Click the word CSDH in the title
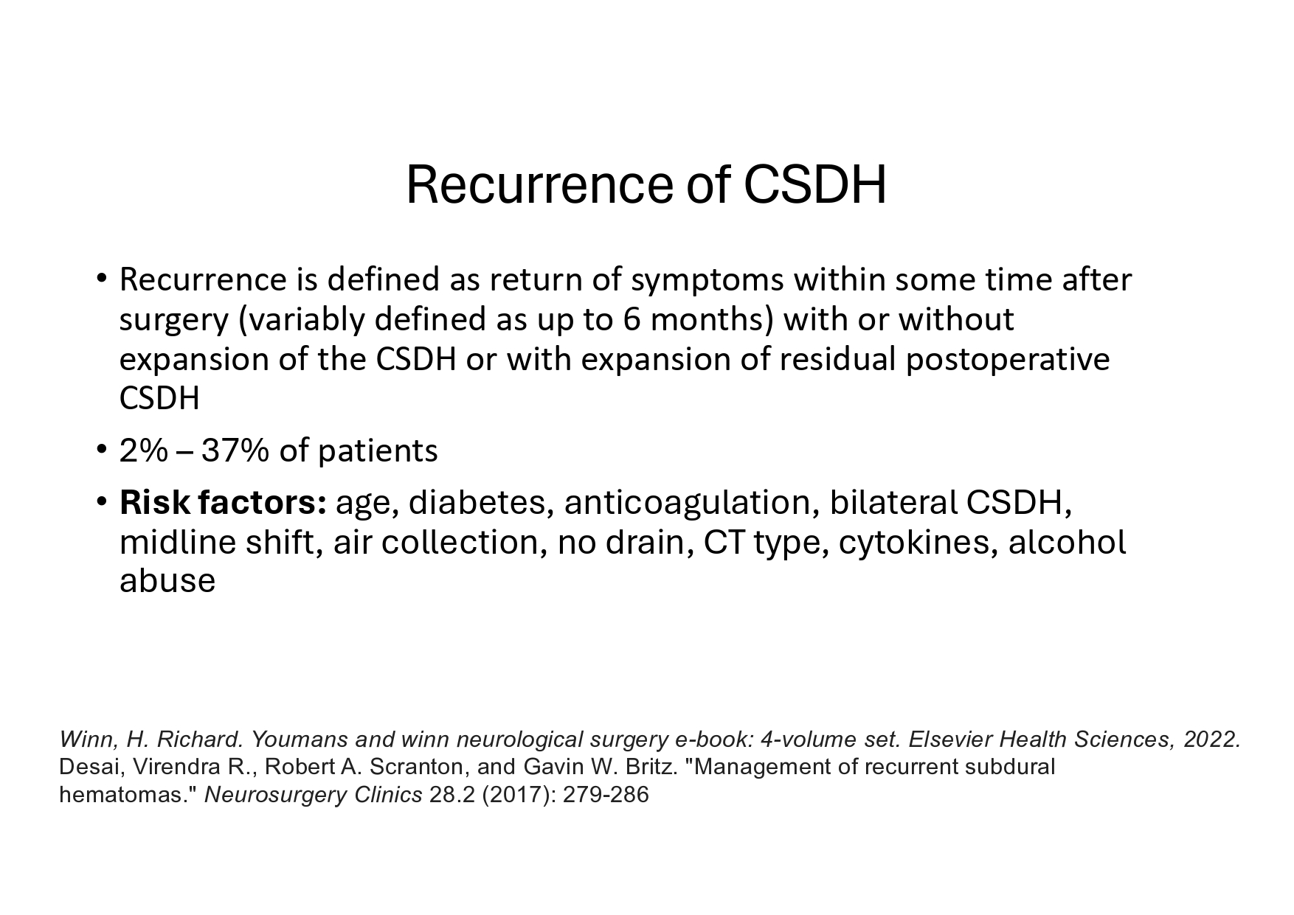[x=815, y=184]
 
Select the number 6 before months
[x=632, y=319]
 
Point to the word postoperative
[x=1008, y=360]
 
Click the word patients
[x=378, y=451]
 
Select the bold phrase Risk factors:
[x=223, y=502]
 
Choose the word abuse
[x=167, y=581]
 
